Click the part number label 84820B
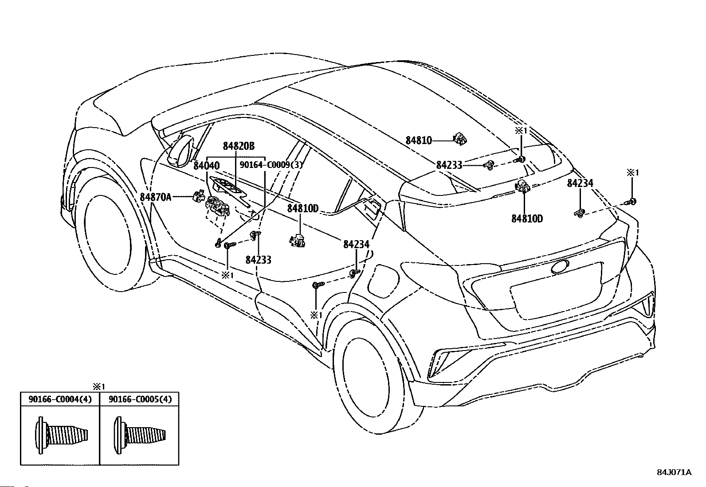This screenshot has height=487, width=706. click(x=239, y=146)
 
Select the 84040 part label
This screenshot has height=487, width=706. click(x=207, y=166)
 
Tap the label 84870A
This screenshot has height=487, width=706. click(x=155, y=197)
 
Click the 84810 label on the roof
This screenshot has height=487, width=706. click(x=419, y=140)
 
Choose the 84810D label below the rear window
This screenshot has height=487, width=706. click(x=527, y=218)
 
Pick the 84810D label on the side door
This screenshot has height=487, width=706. click(x=302, y=208)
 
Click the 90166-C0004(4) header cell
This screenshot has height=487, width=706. click(x=60, y=399)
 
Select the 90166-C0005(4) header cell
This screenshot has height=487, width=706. click(x=140, y=399)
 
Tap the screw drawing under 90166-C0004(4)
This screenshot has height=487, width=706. click(x=61, y=435)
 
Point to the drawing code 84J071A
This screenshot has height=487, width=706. click(x=674, y=481)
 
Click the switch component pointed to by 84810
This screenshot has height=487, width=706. click(x=460, y=139)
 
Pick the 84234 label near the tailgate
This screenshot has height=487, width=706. click(x=580, y=183)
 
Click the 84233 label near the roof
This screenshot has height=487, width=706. click(x=449, y=165)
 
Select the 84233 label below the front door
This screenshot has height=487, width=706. click(x=259, y=260)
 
